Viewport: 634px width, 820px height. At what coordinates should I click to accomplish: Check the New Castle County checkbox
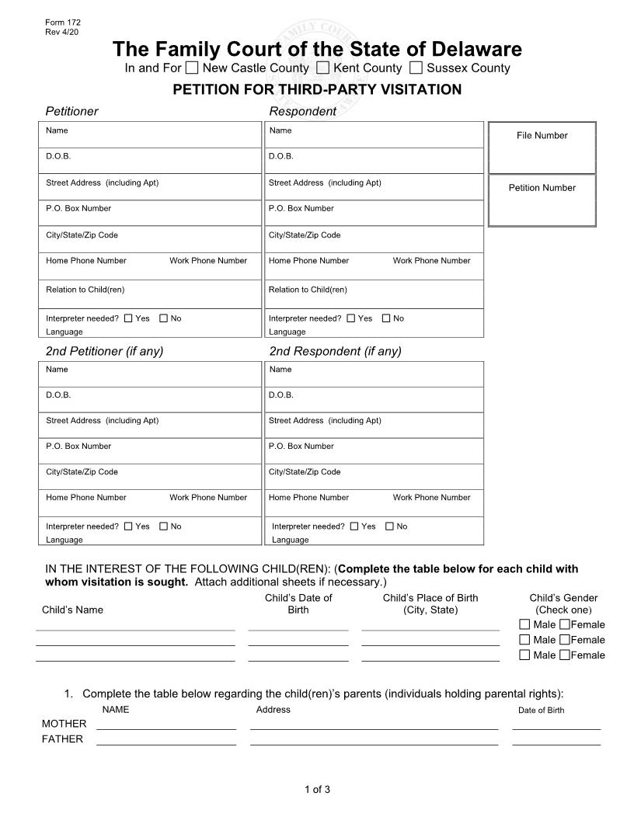(192, 68)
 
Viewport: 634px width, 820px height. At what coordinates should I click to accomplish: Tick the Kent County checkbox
(323, 68)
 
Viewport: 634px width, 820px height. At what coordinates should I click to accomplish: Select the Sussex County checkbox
(416, 68)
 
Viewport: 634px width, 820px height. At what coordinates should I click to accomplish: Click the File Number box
(542, 148)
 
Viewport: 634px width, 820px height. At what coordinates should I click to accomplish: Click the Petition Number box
(542, 200)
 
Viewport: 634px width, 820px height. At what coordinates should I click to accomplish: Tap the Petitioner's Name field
(151, 135)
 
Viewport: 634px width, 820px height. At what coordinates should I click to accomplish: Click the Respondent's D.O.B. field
(374, 161)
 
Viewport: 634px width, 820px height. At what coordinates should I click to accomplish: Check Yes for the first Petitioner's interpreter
(128, 318)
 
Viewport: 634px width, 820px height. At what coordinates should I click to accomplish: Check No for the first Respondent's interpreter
(386, 318)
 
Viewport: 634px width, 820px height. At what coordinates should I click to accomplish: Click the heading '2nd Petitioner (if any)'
(104, 351)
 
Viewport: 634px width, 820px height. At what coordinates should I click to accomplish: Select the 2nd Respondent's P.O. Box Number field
(374, 451)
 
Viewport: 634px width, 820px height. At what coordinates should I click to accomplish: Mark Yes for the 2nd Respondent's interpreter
(354, 526)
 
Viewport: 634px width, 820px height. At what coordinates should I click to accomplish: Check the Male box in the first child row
(524, 624)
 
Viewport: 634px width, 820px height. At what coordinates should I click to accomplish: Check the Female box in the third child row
(565, 655)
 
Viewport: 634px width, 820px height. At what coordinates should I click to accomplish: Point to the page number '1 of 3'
(317, 790)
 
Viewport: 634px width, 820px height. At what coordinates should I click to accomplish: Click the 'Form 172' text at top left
(63, 23)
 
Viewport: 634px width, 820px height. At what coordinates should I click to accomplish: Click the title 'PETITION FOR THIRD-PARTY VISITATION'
(317, 89)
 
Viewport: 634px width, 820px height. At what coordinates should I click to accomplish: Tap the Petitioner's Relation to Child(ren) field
(151, 294)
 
